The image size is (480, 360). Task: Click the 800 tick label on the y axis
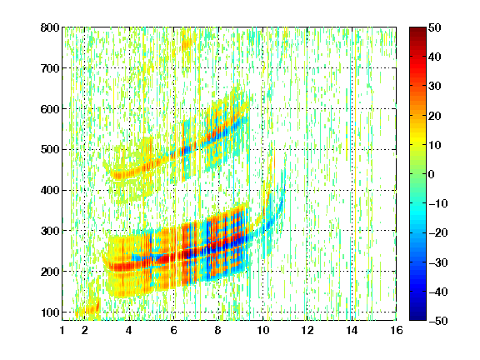pyautogui.click(x=50, y=27)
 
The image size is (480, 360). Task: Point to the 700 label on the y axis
pyautogui.click(x=50, y=68)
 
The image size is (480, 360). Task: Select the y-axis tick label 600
pyautogui.click(x=50, y=109)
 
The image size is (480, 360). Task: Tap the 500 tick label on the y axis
pyautogui.click(x=50, y=150)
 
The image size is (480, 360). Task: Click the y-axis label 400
pyautogui.click(x=50, y=190)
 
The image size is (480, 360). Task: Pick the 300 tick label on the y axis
pyautogui.click(x=50, y=231)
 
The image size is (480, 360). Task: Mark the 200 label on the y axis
pyautogui.click(x=50, y=272)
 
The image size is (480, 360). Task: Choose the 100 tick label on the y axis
pyautogui.click(x=50, y=312)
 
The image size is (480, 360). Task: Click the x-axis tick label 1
pyautogui.click(x=62, y=330)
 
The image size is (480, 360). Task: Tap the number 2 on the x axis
pyautogui.click(x=85, y=330)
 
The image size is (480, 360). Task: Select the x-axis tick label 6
pyautogui.click(x=174, y=330)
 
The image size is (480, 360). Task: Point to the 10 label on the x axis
pyautogui.click(x=262, y=330)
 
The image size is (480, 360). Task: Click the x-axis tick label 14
pyautogui.click(x=352, y=330)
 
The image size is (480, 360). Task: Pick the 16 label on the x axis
pyautogui.click(x=396, y=330)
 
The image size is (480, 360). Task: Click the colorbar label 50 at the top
pyautogui.click(x=434, y=27)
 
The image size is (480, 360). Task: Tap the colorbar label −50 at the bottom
pyautogui.click(x=438, y=321)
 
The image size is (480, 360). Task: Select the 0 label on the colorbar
pyautogui.click(x=431, y=174)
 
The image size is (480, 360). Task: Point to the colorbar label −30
pyautogui.click(x=438, y=262)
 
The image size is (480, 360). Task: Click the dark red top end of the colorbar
pyautogui.click(x=417, y=29)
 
